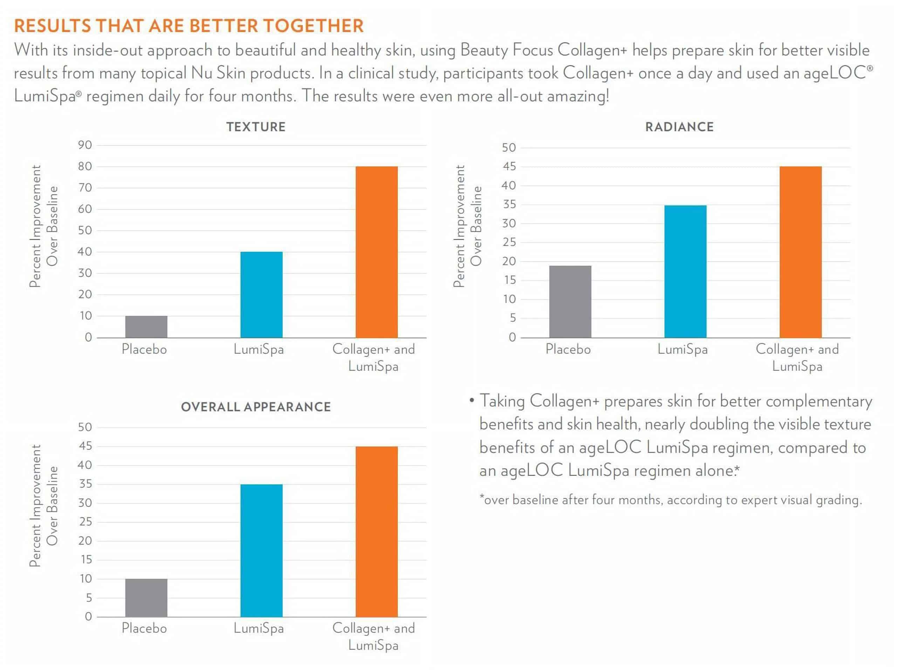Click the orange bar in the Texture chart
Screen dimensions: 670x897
[376, 252]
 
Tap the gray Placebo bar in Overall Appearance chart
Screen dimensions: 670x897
[146, 597]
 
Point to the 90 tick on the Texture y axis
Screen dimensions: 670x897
[85, 145]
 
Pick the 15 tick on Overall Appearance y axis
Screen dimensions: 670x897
[86, 559]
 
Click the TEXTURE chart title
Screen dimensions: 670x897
[256, 127]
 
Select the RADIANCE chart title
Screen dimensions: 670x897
[679, 127]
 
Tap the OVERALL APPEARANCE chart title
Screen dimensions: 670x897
[256, 407]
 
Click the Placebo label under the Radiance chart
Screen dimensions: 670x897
[568, 349]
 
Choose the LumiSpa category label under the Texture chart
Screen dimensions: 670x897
[258, 349]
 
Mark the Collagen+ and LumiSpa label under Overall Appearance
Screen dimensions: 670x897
[374, 636]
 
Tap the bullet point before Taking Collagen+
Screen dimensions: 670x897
[471, 401]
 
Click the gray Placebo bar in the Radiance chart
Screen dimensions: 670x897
[570, 301]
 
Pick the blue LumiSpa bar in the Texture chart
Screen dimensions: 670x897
[261, 294]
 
